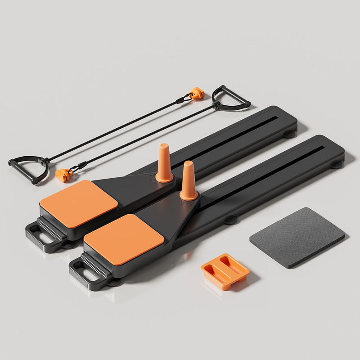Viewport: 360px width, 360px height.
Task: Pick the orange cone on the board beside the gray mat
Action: point(189,181)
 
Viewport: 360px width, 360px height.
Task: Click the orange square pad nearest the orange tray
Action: point(124,238)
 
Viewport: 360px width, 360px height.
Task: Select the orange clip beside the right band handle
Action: point(197,93)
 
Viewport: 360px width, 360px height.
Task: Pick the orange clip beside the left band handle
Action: point(65,174)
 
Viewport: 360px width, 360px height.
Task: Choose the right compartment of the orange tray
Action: point(232,265)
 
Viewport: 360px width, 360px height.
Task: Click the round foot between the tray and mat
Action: point(231,220)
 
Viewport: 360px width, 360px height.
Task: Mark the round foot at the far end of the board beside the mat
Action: point(336,164)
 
